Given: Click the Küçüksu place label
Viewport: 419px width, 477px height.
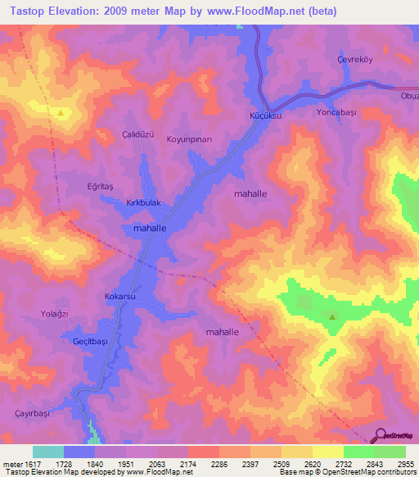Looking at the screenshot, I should coord(265,117).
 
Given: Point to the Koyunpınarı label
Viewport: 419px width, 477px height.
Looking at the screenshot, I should coord(190,140).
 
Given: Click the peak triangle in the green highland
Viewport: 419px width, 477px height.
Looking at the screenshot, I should coord(332,317).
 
